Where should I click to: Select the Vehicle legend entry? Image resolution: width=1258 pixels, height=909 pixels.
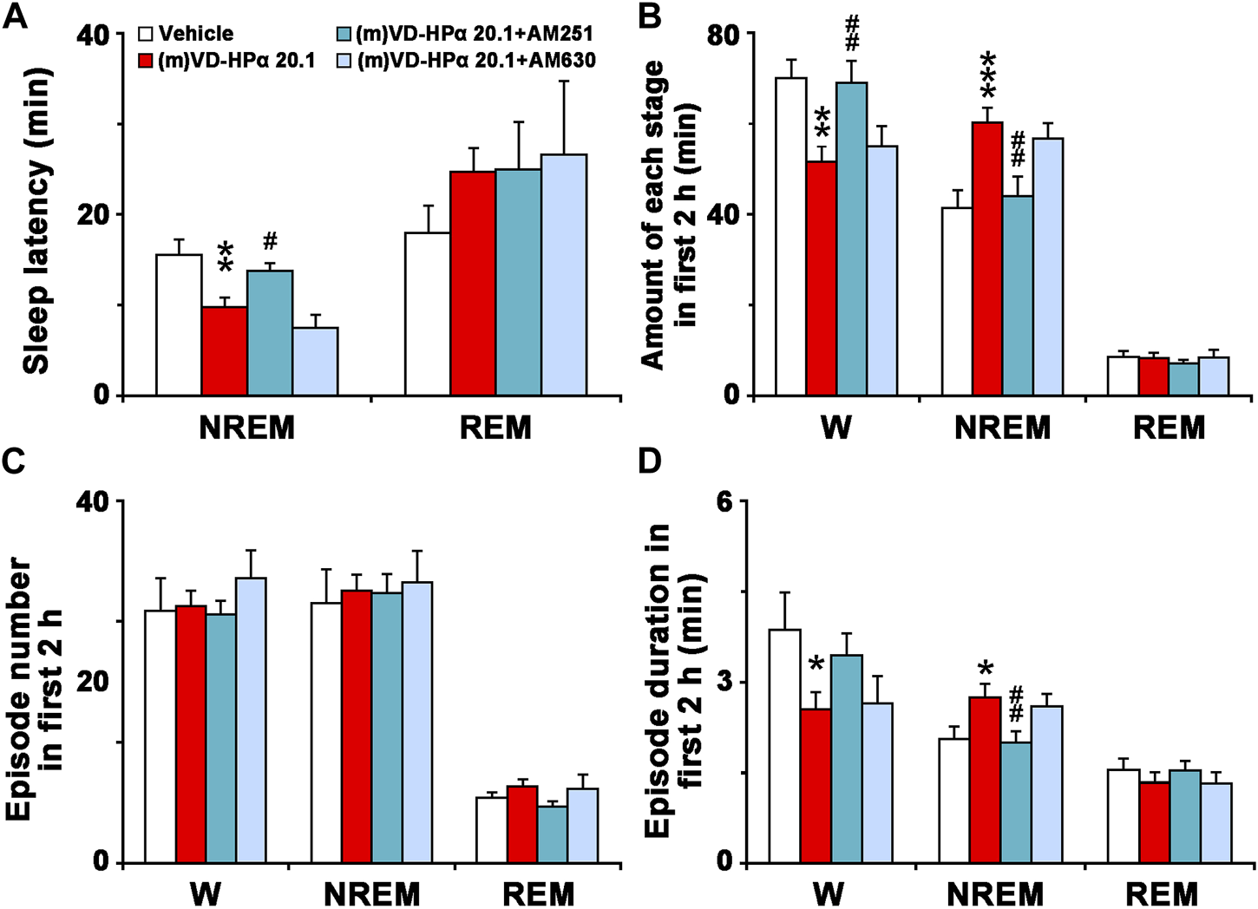click(x=187, y=34)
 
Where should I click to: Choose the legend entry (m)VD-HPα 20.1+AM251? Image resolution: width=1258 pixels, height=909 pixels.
click(x=464, y=34)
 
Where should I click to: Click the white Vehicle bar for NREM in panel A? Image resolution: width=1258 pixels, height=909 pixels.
click(x=179, y=325)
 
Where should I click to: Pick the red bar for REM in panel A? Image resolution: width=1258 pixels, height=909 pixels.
click(x=473, y=284)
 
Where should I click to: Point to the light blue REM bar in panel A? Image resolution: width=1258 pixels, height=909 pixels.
click(x=564, y=275)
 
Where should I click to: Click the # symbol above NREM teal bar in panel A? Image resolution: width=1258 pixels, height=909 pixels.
click(x=270, y=240)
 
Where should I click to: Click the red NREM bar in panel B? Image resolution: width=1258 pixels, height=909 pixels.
click(x=987, y=258)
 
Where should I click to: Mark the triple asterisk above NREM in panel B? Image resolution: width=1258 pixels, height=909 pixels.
click(x=987, y=75)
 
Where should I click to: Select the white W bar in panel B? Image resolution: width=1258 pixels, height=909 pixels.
click(x=790, y=237)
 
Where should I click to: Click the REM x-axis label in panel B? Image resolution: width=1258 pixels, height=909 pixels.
click(x=1169, y=428)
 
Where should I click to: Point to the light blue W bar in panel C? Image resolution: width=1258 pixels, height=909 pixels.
click(x=251, y=720)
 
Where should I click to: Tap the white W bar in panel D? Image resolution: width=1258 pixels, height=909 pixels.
click(x=784, y=746)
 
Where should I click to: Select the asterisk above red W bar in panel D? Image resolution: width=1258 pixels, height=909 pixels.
click(x=815, y=665)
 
